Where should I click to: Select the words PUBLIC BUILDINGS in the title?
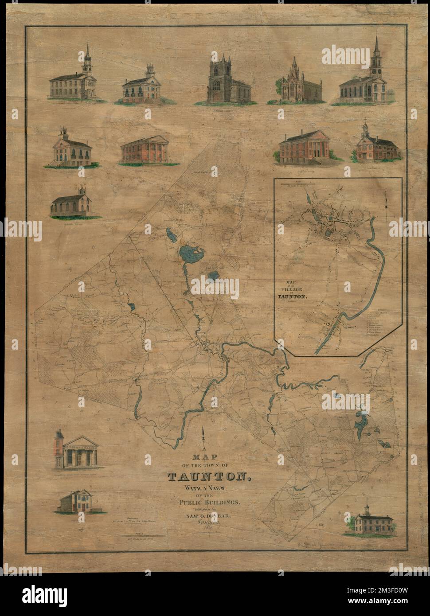tap(211, 502)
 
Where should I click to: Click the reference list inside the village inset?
tap(376, 323)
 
